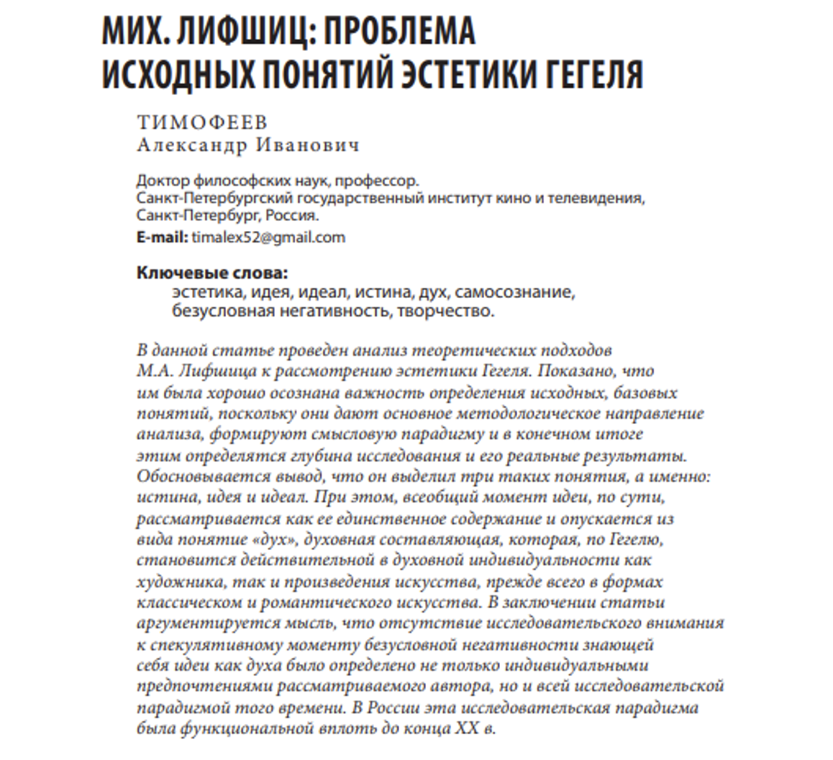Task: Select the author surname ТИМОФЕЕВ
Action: [x=202, y=123]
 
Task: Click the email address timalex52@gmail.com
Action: [x=268, y=237]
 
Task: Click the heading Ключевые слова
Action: [x=211, y=273]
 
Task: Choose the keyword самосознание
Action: [x=514, y=292]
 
